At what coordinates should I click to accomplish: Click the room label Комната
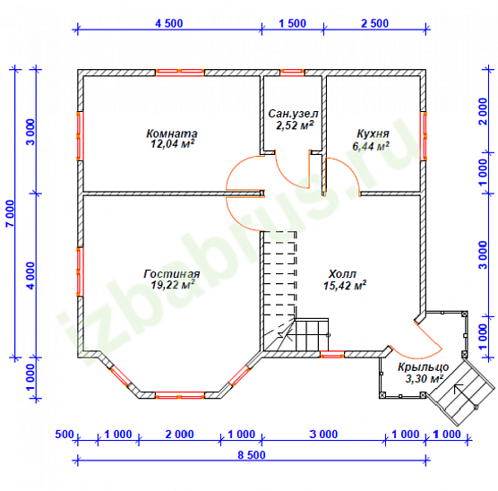tap(171, 134)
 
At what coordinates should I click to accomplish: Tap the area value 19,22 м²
tap(173, 285)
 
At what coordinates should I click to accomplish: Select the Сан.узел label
tap(293, 114)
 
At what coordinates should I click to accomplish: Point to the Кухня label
tap(373, 134)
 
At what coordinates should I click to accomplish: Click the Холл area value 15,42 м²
tap(345, 286)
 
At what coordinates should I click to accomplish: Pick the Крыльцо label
tap(423, 367)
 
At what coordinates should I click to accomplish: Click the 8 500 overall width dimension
tap(252, 455)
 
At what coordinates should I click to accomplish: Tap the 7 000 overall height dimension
tap(10, 213)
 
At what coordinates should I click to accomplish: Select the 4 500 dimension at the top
tap(169, 23)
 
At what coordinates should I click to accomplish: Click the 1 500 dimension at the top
tap(292, 23)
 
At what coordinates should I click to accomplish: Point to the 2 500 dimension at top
tap(374, 23)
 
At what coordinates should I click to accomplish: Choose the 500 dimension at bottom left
tap(64, 435)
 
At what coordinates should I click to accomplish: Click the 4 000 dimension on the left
tap(30, 276)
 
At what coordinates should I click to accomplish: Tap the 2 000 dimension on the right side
tap(482, 111)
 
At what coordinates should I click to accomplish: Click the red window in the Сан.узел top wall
tap(292, 73)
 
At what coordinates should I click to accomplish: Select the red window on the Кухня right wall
tap(423, 136)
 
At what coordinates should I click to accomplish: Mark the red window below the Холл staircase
tap(332, 354)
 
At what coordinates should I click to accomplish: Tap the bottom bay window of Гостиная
tap(179, 395)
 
